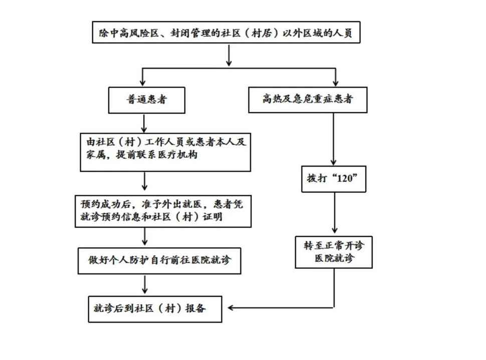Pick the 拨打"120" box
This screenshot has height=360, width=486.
pyautogui.click(x=334, y=179)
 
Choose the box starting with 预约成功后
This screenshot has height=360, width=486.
pyautogui.click(x=163, y=211)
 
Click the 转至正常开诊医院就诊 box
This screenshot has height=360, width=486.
pyautogui.click(x=333, y=252)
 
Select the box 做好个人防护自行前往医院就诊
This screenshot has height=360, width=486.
pyautogui.click(x=159, y=260)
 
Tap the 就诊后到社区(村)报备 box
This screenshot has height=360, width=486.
pyautogui.click(x=155, y=308)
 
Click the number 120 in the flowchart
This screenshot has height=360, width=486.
pyautogui.click(x=345, y=179)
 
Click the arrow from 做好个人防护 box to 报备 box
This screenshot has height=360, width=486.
pyautogui.click(x=145, y=284)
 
